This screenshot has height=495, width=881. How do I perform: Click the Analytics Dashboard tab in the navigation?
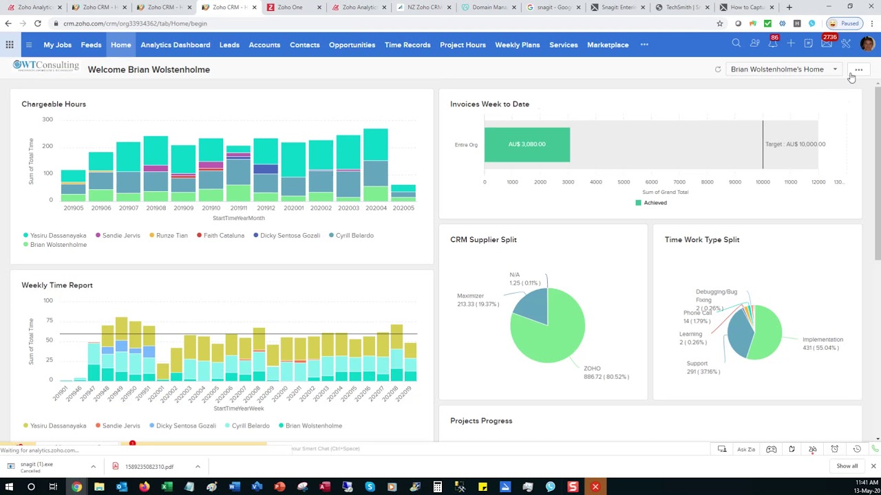[x=175, y=45]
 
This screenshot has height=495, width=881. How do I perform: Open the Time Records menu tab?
[x=407, y=45]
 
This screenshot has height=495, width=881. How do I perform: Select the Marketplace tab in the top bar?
[x=607, y=45]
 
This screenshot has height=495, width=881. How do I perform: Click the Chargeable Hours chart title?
[x=54, y=104]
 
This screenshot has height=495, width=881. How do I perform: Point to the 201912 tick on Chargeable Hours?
[x=266, y=208]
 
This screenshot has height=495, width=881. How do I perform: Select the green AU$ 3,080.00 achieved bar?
[x=527, y=144]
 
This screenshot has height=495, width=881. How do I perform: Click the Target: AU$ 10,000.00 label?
[x=795, y=144]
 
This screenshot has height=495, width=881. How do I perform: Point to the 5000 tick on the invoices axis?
[x=624, y=182]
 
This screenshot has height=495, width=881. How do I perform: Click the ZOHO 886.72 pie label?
[x=606, y=373]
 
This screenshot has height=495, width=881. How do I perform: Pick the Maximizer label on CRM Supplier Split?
[x=471, y=296]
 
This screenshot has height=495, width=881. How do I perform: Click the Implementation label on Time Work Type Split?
[x=822, y=340]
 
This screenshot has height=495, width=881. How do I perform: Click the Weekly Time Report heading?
[x=57, y=285]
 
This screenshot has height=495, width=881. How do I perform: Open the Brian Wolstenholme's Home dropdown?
[x=783, y=69]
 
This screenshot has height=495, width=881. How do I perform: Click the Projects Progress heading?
[x=481, y=421]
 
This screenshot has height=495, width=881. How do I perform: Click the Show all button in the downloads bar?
[x=847, y=466]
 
